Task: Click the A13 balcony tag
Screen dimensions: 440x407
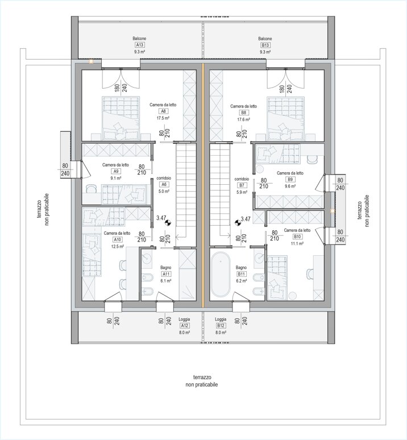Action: (x=139, y=45)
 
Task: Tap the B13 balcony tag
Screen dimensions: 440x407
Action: (x=265, y=45)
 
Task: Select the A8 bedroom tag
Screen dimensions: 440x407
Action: (x=163, y=111)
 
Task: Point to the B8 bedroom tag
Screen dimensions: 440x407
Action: (x=243, y=112)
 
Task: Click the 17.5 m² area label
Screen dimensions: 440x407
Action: (x=163, y=118)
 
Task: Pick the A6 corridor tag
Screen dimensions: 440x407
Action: (x=163, y=184)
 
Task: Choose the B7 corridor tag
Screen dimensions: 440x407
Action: (x=242, y=185)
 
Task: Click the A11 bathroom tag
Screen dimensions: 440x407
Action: (x=166, y=273)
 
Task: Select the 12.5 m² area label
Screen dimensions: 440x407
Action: (x=117, y=246)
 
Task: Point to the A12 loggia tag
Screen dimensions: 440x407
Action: (x=184, y=326)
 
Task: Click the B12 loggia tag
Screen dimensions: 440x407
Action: (x=221, y=326)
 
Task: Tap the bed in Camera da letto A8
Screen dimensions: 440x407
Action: (x=121, y=117)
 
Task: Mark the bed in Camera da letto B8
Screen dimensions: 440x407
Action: (x=286, y=117)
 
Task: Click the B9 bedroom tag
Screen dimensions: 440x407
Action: (x=290, y=180)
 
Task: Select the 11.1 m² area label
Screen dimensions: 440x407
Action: (x=297, y=243)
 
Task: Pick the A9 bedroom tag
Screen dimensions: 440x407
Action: (x=115, y=171)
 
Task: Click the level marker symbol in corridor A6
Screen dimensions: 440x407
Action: (x=168, y=223)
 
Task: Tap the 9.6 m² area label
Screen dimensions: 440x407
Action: (x=290, y=186)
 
